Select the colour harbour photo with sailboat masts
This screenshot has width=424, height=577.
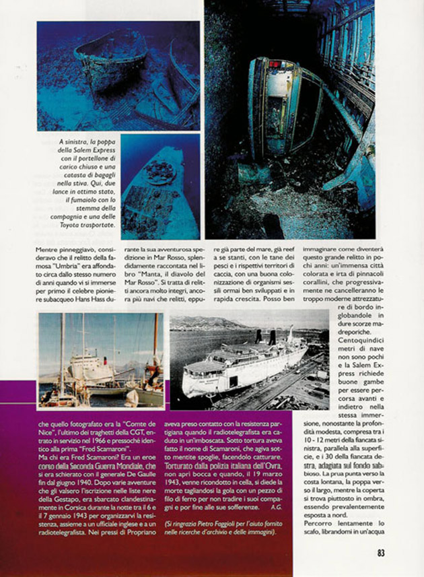[x=101, y=360]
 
